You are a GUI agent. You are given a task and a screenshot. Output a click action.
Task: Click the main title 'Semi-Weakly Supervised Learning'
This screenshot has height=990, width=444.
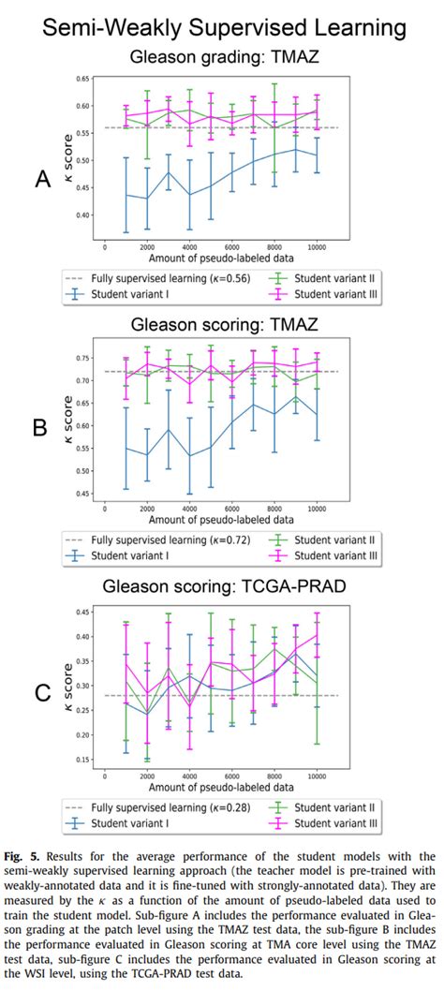[x=222, y=29]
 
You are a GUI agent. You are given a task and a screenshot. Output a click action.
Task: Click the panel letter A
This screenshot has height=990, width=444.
[x=42, y=179]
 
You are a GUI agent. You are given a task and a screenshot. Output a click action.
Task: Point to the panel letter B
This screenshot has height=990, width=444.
[x=39, y=428]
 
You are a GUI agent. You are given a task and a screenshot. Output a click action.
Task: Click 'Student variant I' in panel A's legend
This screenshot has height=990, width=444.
[x=131, y=293]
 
